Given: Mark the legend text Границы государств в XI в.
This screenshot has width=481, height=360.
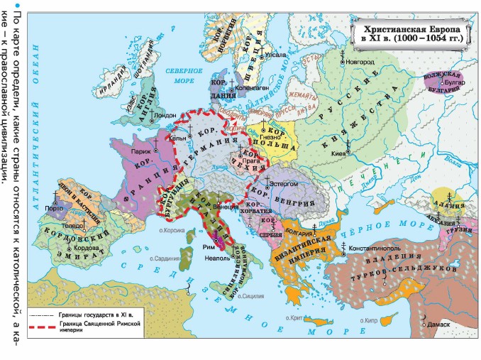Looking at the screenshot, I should (x=104, y=313).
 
